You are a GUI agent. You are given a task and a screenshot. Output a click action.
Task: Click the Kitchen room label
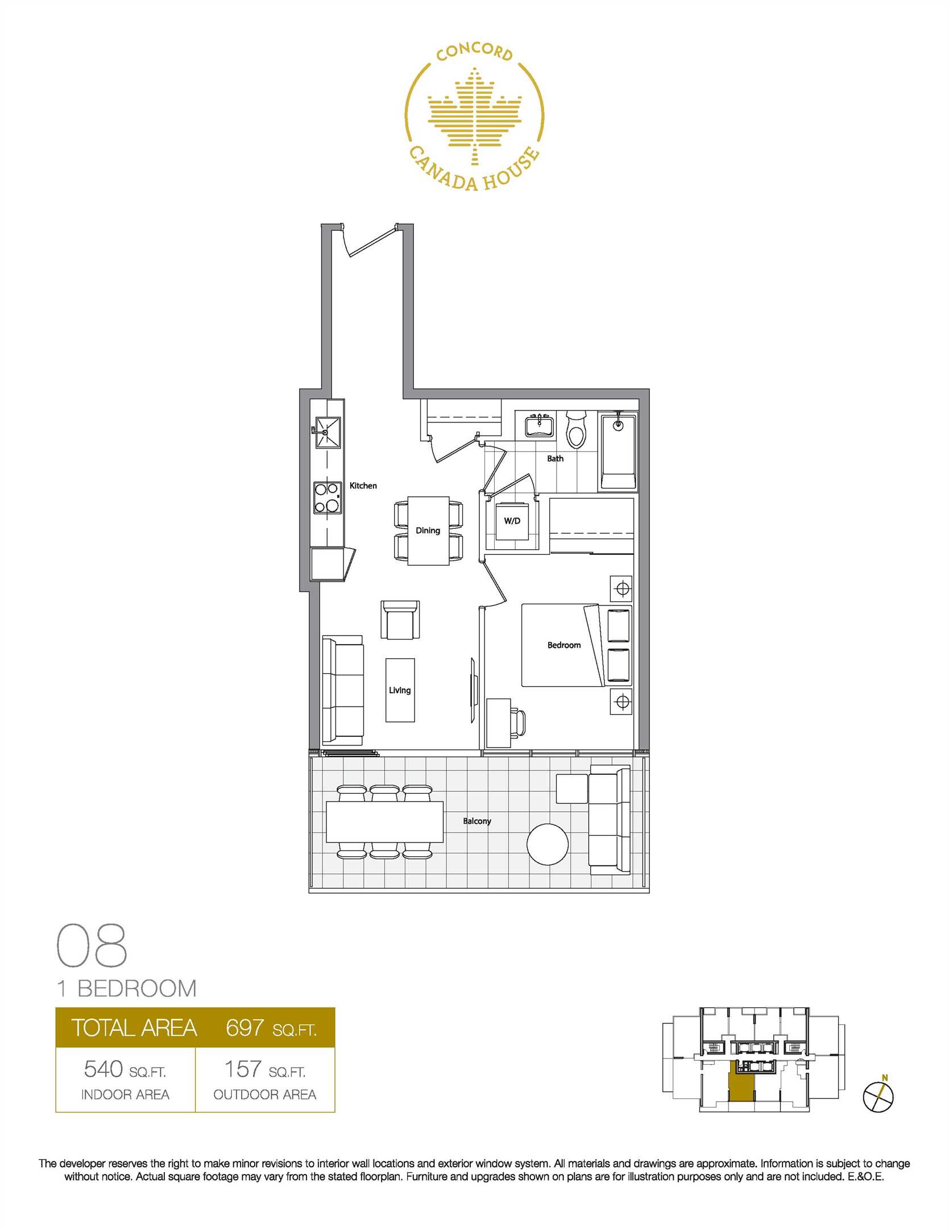(x=363, y=486)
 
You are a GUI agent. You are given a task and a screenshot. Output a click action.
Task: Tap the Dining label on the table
(x=428, y=530)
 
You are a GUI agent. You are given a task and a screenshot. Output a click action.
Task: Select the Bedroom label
(x=564, y=645)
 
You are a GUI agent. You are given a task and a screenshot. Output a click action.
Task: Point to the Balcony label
(x=476, y=821)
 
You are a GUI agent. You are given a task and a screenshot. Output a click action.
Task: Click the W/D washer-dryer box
(x=512, y=521)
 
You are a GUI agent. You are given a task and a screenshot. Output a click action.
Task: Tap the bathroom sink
(x=538, y=426)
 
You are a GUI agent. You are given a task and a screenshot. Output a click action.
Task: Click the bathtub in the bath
(x=619, y=452)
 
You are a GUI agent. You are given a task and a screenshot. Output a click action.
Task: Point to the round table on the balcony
(x=547, y=844)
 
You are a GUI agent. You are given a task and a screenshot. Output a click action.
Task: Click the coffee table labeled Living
(x=400, y=690)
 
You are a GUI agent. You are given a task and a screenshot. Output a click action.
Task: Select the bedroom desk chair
(x=518, y=723)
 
